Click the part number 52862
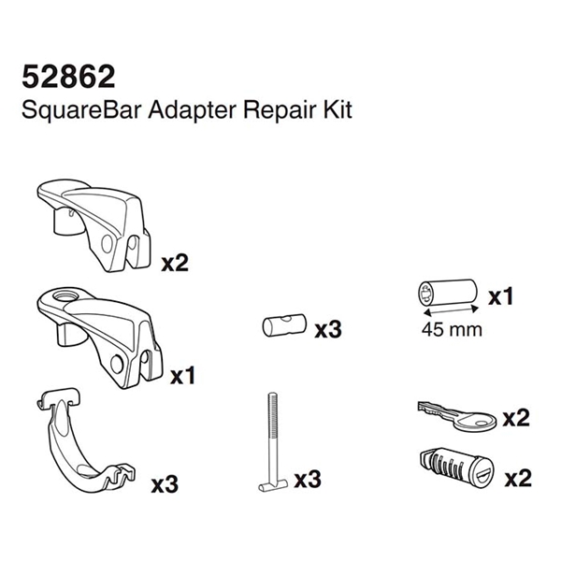[x=68, y=77]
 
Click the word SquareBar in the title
[x=81, y=110]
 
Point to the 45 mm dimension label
[x=452, y=329]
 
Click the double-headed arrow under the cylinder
[x=451, y=309]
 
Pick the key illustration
[x=457, y=417]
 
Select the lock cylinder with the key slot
[x=457, y=469]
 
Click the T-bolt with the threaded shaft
[x=273, y=441]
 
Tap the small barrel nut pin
[x=284, y=325]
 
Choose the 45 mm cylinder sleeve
[x=447, y=293]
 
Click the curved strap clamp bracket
[x=86, y=439]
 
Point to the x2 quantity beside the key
[x=516, y=418]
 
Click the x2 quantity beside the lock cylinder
[x=518, y=478]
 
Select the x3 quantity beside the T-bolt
[x=308, y=480]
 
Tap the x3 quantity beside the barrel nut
[x=328, y=329]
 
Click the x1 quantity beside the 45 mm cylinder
[x=500, y=296]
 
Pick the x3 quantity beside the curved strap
[x=165, y=484]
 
